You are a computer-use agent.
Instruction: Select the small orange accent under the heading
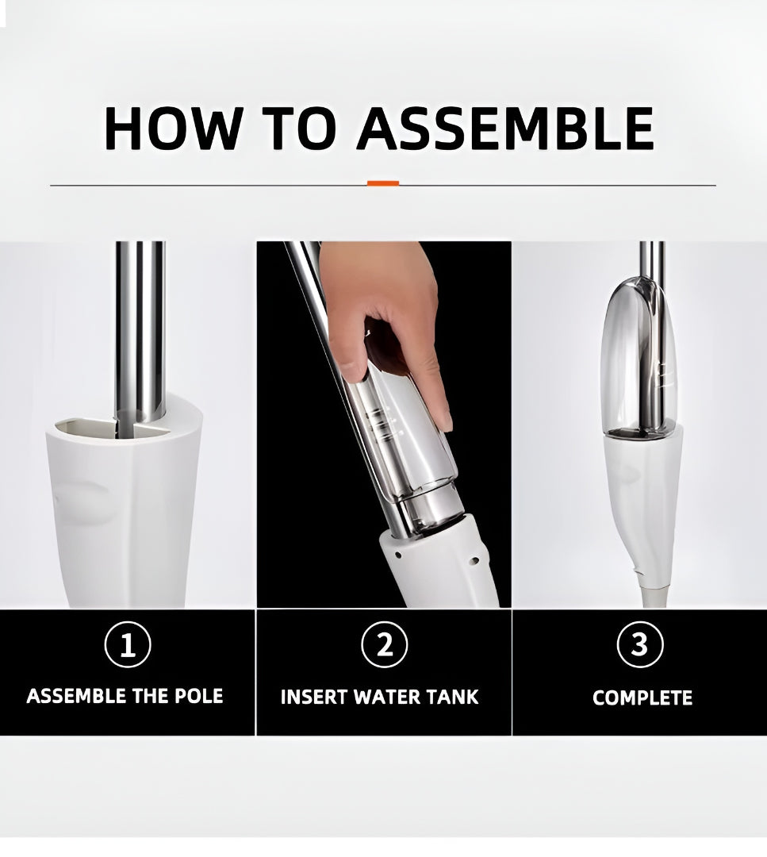tap(383, 183)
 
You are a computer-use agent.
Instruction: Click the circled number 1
tap(128, 645)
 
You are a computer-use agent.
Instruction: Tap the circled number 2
tap(385, 645)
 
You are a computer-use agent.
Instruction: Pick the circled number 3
tap(640, 645)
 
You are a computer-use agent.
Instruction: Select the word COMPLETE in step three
tap(642, 698)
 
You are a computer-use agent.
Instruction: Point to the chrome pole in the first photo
tap(140, 333)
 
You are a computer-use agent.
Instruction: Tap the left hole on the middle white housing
tap(398, 555)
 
